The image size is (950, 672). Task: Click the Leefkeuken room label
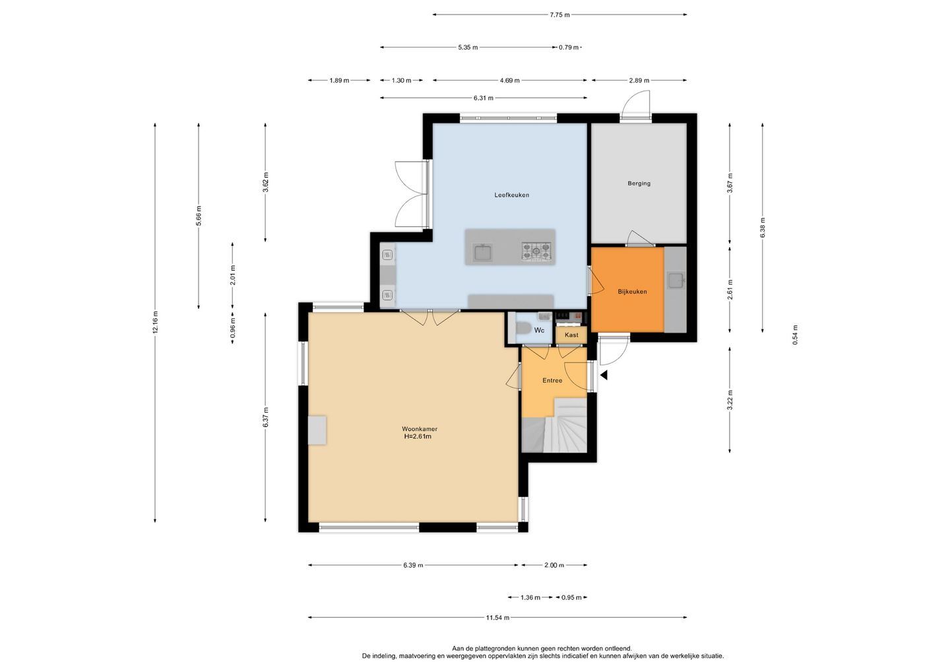[x=511, y=195]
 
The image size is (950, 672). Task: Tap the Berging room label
[x=639, y=184]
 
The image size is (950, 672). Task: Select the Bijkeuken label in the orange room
[x=632, y=292]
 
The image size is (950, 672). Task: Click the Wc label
[x=539, y=330]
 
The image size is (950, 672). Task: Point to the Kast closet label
[x=571, y=335]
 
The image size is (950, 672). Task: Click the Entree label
[x=552, y=380]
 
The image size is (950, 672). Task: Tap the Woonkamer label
[x=420, y=429]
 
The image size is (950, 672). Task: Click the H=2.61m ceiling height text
[x=418, y=436]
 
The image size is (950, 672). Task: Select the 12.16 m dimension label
[x=155, y=322]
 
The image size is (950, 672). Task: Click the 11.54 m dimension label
[x=497, y=618]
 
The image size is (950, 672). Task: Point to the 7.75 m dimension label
[x=559, y=15]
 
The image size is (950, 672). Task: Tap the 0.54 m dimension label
[x=795, y=335]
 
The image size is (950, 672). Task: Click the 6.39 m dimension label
[x=413, y=565]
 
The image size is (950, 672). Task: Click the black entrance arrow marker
[x=604, y=375]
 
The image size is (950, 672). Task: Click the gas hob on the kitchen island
[x=536, y=251]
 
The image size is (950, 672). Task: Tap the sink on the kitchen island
[x=483, y=252]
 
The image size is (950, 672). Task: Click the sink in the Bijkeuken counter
[x=676, y=281]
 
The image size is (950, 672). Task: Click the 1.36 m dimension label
[x=530, y=597]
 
